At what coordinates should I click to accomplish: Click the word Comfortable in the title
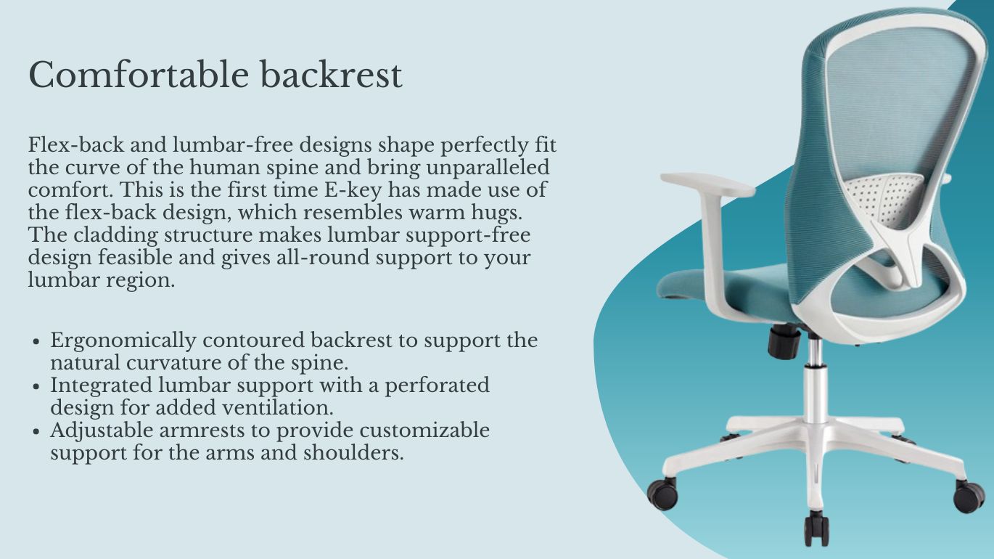click(139, 75)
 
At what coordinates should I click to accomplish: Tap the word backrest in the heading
click(331, 75)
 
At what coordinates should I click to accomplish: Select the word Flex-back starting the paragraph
click(76, 144)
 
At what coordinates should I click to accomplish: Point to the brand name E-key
click(353, 190)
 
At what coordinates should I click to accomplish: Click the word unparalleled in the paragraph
click(488, 168)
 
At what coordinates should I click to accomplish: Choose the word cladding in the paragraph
click(115, 235)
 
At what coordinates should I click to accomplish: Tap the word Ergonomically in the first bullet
click(123, 341)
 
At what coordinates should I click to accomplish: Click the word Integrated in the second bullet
click(102, 385)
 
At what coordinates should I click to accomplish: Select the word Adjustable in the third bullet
click(101, 431)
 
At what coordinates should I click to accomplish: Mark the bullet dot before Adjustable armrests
click(37, 431)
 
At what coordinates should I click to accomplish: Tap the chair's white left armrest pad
click(707, 184)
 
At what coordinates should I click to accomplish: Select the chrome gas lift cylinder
click(814, 381)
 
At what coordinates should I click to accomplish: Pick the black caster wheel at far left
click(662, 493)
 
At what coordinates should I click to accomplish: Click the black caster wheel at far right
click(969, 497)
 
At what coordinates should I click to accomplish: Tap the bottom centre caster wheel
click(816, 529)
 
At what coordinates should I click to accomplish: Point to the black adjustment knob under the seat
click(784, 341)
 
